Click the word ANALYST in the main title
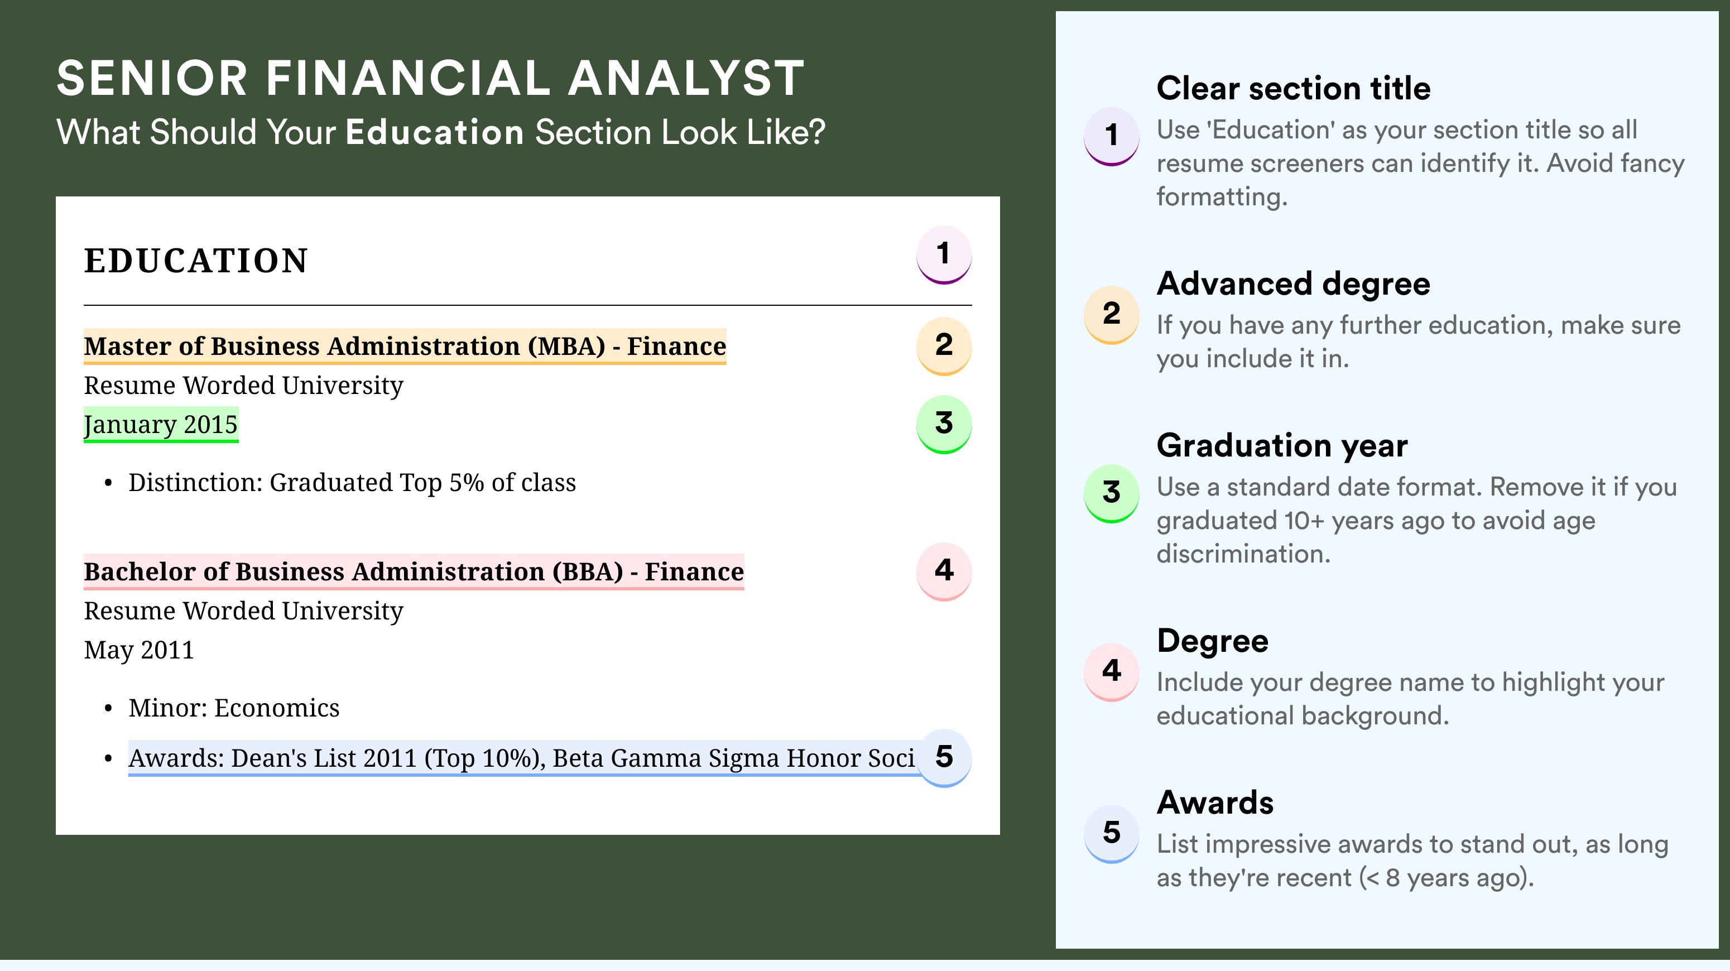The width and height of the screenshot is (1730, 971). pyautogui.click(x=686, y=79)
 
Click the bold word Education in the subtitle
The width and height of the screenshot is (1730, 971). pyautogui.click(x=435, y=132)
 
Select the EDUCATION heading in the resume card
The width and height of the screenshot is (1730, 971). pyautogui.click(x=195, y=261)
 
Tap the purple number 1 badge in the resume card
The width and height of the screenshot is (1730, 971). pyautogui.click(x=944, y=255)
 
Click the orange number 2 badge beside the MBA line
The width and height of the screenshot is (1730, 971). pyautogui.click(x=944, y=346)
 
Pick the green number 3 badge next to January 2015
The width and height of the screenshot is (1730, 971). pyautogui.click(x=944, y=424)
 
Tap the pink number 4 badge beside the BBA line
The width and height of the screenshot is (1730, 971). pyautogui.click(x=944, y=571)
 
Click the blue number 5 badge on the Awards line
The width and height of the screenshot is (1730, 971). pyautogui.click(x=944, y=758)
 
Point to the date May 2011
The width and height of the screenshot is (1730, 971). pyautogui.click(x=139, y=650)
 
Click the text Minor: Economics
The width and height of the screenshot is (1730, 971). pyautogui.click(x=234, y=708)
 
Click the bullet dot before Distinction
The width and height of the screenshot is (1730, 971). pyautogui.click(x=108, y=483)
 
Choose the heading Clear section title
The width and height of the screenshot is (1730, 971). pyautogui.click(x=1294, y=88)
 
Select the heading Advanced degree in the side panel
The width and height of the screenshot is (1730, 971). pyautogui.click(x=1294, y=284)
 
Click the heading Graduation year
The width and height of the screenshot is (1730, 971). pyautogui.click(x=1282, y=446)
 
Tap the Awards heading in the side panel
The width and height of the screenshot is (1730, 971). pyautogui.click(x=1215, y=802)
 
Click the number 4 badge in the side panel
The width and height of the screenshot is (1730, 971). pyautogui.click(x=1112, y=671)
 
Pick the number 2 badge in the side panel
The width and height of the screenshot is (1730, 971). pyautogui.click(x=1112, y=314)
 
